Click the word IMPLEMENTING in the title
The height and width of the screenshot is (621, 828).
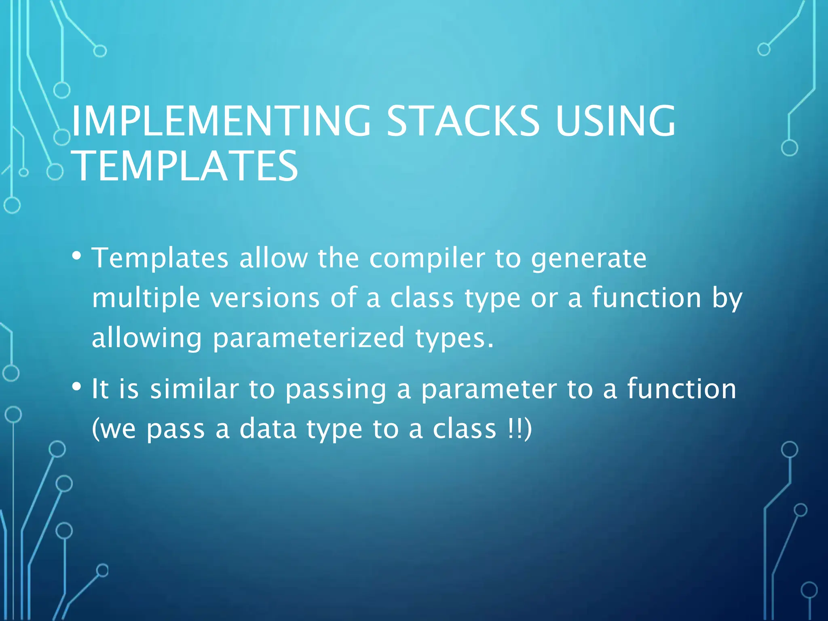(x=221, y=121)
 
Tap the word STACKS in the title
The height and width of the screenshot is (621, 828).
(x=463, y=121)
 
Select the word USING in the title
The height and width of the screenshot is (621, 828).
(x=615, y=121)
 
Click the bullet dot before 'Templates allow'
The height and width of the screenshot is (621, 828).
(x=76, y=256)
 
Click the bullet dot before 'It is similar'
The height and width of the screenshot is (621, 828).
(x=76, y=387)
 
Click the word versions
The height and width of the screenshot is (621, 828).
(x=265, y=298)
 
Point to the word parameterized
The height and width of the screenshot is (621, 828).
(x=308, y=338)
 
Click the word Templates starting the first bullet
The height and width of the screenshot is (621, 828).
(x=160, y=259)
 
